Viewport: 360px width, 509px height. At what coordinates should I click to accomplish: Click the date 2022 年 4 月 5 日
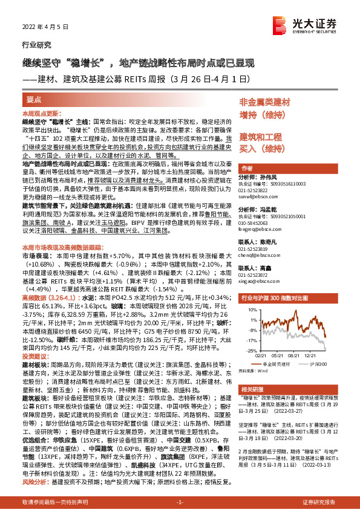pos(41,26)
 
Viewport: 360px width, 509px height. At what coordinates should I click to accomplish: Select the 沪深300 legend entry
pos(316,363)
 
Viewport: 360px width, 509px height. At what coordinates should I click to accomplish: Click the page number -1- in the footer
pos(180,502)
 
